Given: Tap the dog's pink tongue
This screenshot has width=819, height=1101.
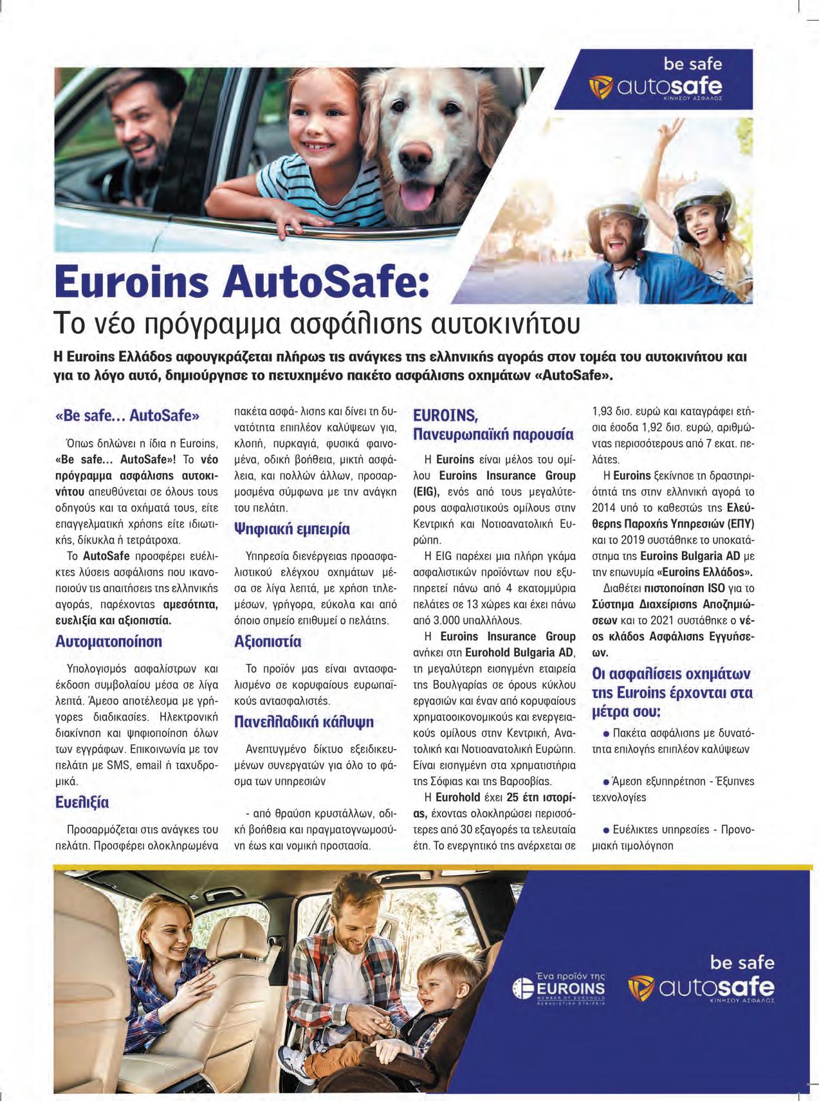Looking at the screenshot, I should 419,195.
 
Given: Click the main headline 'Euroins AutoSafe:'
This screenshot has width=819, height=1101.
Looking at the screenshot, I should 242,284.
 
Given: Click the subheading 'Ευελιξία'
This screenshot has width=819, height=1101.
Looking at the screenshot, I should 82,802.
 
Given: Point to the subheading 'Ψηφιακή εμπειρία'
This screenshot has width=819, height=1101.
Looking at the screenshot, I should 292,529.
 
